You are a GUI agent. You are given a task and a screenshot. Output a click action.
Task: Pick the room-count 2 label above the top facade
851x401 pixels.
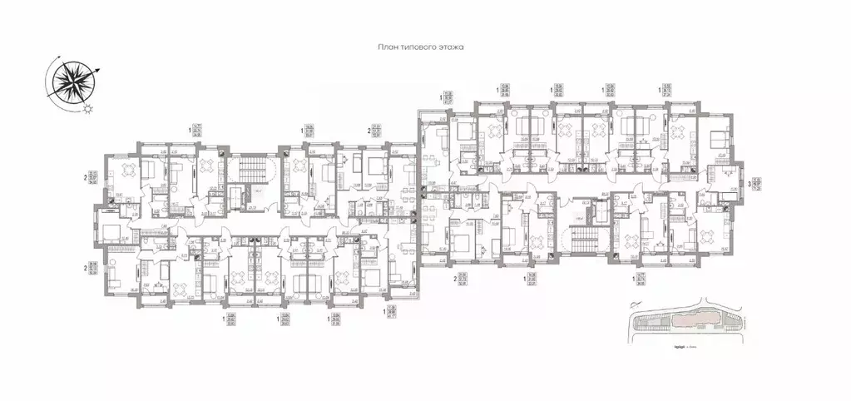tap(369, 131)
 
